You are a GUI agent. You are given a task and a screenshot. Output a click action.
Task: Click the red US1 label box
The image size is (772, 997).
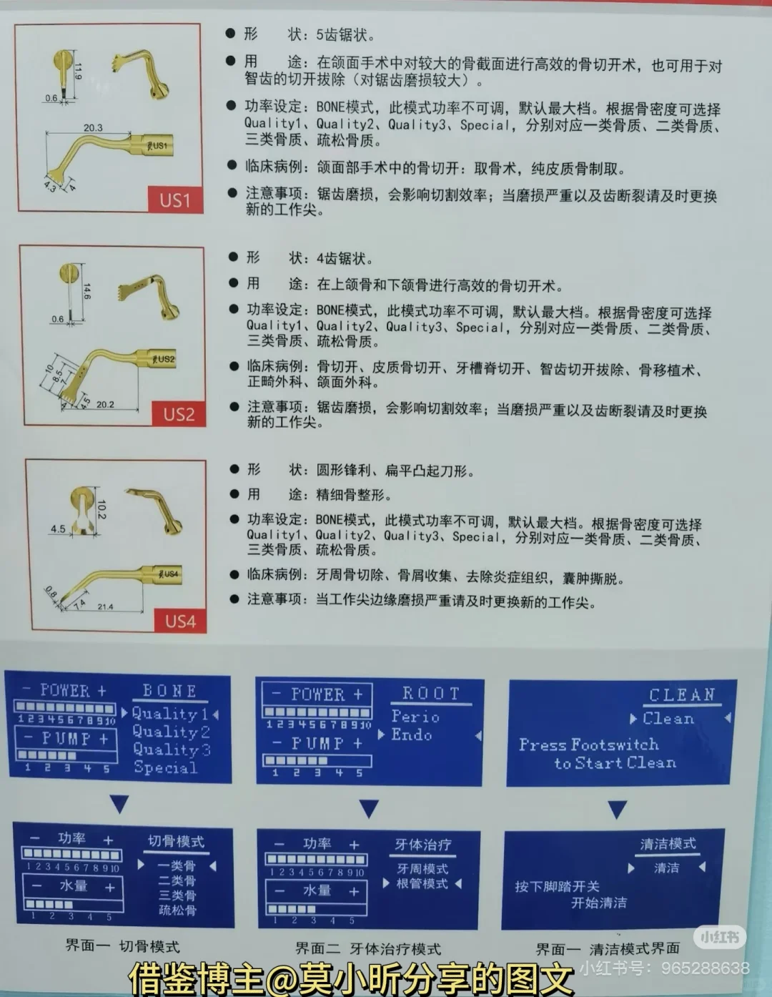[x=175, y=200]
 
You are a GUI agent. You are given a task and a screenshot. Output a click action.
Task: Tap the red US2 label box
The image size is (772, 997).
[x=179, y=414]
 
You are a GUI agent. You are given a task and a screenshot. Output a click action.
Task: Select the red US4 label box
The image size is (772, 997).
[x=180, y=621]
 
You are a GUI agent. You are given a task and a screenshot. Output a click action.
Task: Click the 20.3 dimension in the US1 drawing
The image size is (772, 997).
[x=93, y=128]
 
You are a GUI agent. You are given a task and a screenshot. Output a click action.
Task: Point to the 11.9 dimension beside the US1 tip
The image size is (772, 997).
[x=78, y=71]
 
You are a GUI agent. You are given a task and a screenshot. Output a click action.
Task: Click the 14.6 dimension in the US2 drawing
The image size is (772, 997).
[x=86, y=291]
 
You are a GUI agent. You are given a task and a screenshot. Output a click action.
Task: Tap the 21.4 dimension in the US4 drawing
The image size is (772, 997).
[x=105, y=606]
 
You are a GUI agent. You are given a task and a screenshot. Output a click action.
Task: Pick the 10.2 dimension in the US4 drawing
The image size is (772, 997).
[x=101, y=509]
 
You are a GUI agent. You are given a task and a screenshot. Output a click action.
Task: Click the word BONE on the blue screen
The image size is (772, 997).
[x=169, y=691]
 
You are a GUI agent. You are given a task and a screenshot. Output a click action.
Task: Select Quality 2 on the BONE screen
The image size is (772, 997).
[x=171, y=732]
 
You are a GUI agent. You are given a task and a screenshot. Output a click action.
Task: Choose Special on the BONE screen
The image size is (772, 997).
[x=165, y=768]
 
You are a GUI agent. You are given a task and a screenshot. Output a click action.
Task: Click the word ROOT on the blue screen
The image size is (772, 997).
[x=431, y=694]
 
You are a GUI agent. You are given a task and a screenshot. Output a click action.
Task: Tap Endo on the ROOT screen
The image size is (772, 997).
[x=412, y=735]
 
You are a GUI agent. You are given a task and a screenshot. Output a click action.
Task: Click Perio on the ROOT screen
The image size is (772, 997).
[x=415, y=716]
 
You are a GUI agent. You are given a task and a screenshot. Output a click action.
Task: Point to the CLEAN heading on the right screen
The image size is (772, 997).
[x=681, y=695]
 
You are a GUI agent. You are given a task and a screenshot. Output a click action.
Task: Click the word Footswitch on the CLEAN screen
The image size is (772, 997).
[x=614, y=745]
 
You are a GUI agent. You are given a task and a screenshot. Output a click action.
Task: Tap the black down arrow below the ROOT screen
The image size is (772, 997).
[x=368, y=809]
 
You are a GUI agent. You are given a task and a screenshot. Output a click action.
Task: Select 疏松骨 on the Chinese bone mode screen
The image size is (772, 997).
[x=177, y=910]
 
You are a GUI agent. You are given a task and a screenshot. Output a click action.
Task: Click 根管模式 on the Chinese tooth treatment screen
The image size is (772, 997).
[x=422, y=884]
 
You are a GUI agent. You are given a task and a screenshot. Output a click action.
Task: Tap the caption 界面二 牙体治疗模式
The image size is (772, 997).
[x=368, y=949]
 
